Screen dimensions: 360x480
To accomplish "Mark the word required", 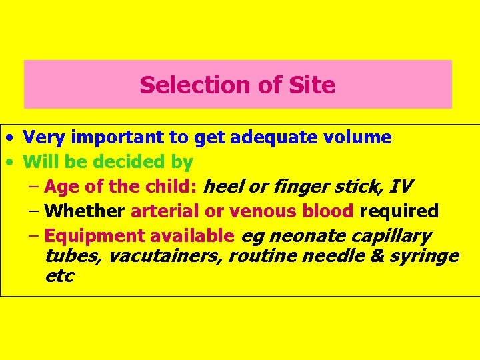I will coord(399,211).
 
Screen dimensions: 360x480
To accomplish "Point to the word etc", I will coord(59,275).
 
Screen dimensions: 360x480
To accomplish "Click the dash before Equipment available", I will coord(35,236).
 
